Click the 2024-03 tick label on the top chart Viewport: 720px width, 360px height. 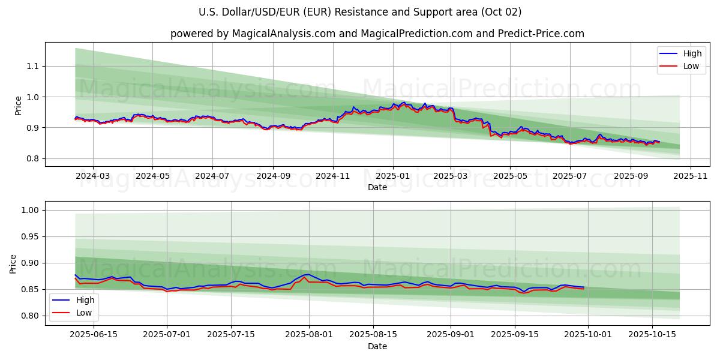(x=93, y=175)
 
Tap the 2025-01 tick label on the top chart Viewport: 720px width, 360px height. (x=393, y=175)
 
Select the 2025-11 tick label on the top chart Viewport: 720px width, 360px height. (x=691, y=175)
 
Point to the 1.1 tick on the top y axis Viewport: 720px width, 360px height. (x=33, y=66)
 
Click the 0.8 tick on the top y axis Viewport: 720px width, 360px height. (x=33, y=158)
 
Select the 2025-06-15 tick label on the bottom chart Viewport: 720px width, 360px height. (x=94, y=334)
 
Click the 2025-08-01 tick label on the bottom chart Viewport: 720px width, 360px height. (x=309, y=334)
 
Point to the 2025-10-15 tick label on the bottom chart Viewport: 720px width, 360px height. (x=651, y=334)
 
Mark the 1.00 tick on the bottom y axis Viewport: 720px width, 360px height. (x=31, y=210)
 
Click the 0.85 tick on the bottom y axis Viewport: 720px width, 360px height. (x=31, y=289)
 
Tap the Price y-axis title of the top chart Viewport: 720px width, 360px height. (x=19, y=105)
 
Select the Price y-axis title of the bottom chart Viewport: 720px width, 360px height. (x=13, y=263)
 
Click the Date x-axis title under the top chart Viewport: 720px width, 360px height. (x=377, y=187)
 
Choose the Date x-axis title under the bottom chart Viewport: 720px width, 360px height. (x=377, y=346)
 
